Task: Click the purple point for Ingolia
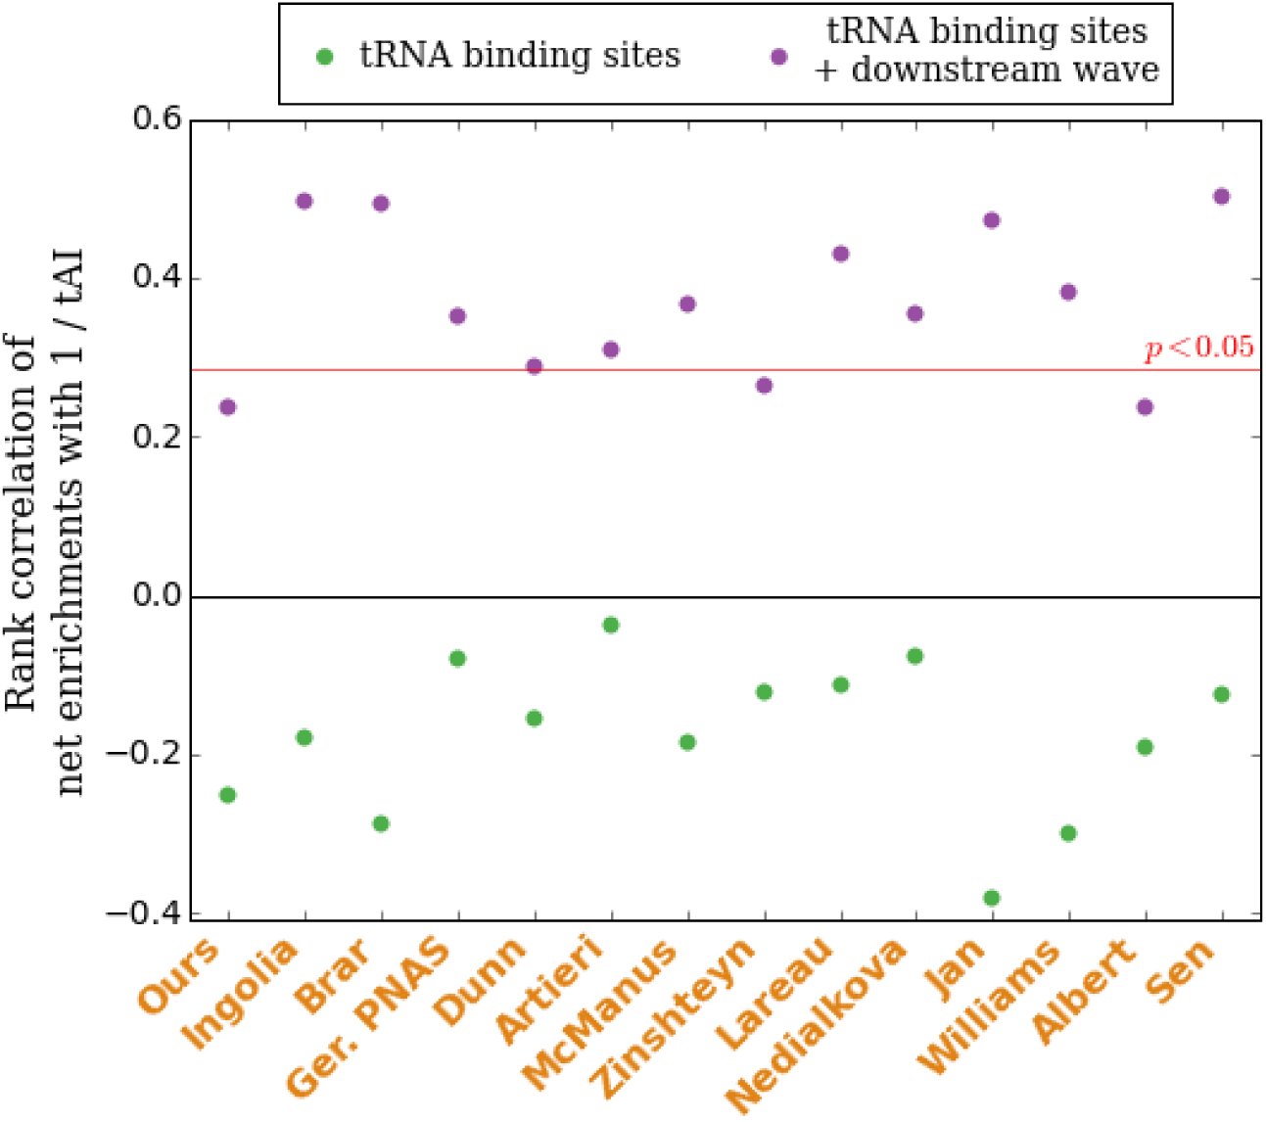point(305,201)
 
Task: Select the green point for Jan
point(992,899)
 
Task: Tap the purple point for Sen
point(1221,197)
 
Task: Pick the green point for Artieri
point(611,625)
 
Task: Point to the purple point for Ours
point(228,407)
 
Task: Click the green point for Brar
point(381,824)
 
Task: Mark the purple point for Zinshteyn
point(764,386)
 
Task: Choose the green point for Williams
point(1068,833)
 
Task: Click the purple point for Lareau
point(840,254)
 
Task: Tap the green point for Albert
point(1145,747)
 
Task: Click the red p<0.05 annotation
point(1198,348)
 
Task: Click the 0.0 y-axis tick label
point(157,595)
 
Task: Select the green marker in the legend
point(324,58)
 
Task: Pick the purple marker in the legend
point(778,58)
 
